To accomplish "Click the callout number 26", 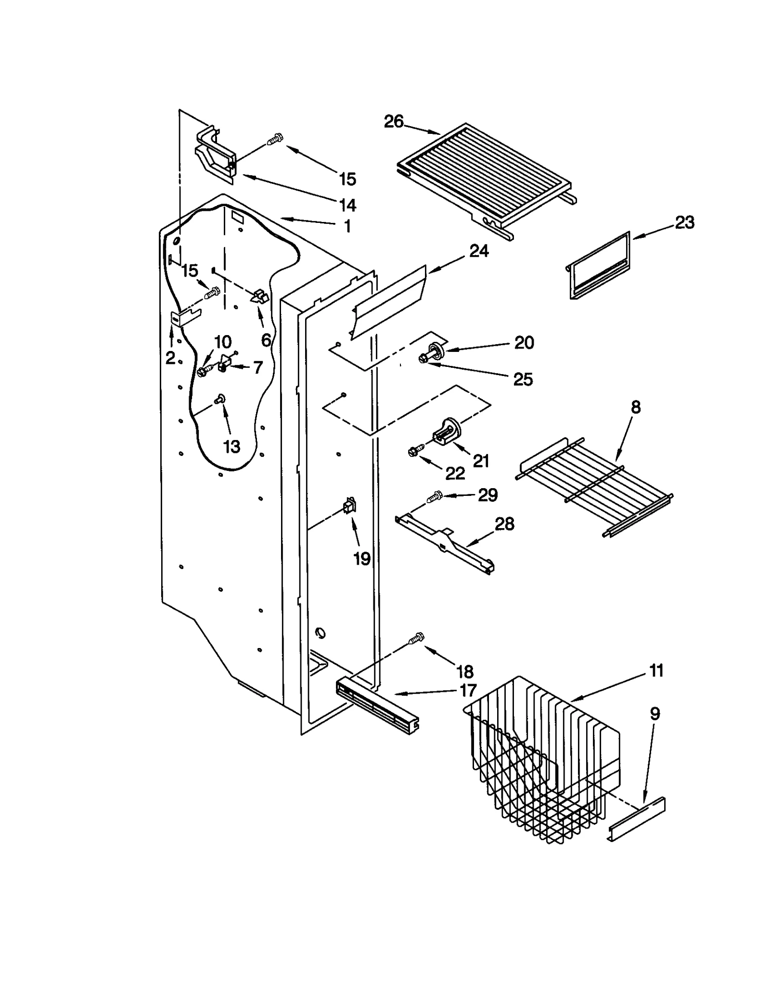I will click(x=393, y=122).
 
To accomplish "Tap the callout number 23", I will click(x=684, y=222).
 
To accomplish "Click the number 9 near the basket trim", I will click(x=655, y=714).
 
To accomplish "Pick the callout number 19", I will click(x=361, y=558).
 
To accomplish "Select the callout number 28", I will click(x=504, y=524).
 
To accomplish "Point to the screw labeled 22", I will click(x=414, y=451).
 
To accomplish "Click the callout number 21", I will click(x=481, y=461).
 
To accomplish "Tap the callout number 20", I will click(x=524, y=343).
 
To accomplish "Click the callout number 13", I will click(x=231, y=446).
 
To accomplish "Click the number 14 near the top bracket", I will click(x=347, y=206).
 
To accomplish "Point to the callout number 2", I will click(x=170, y=358).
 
